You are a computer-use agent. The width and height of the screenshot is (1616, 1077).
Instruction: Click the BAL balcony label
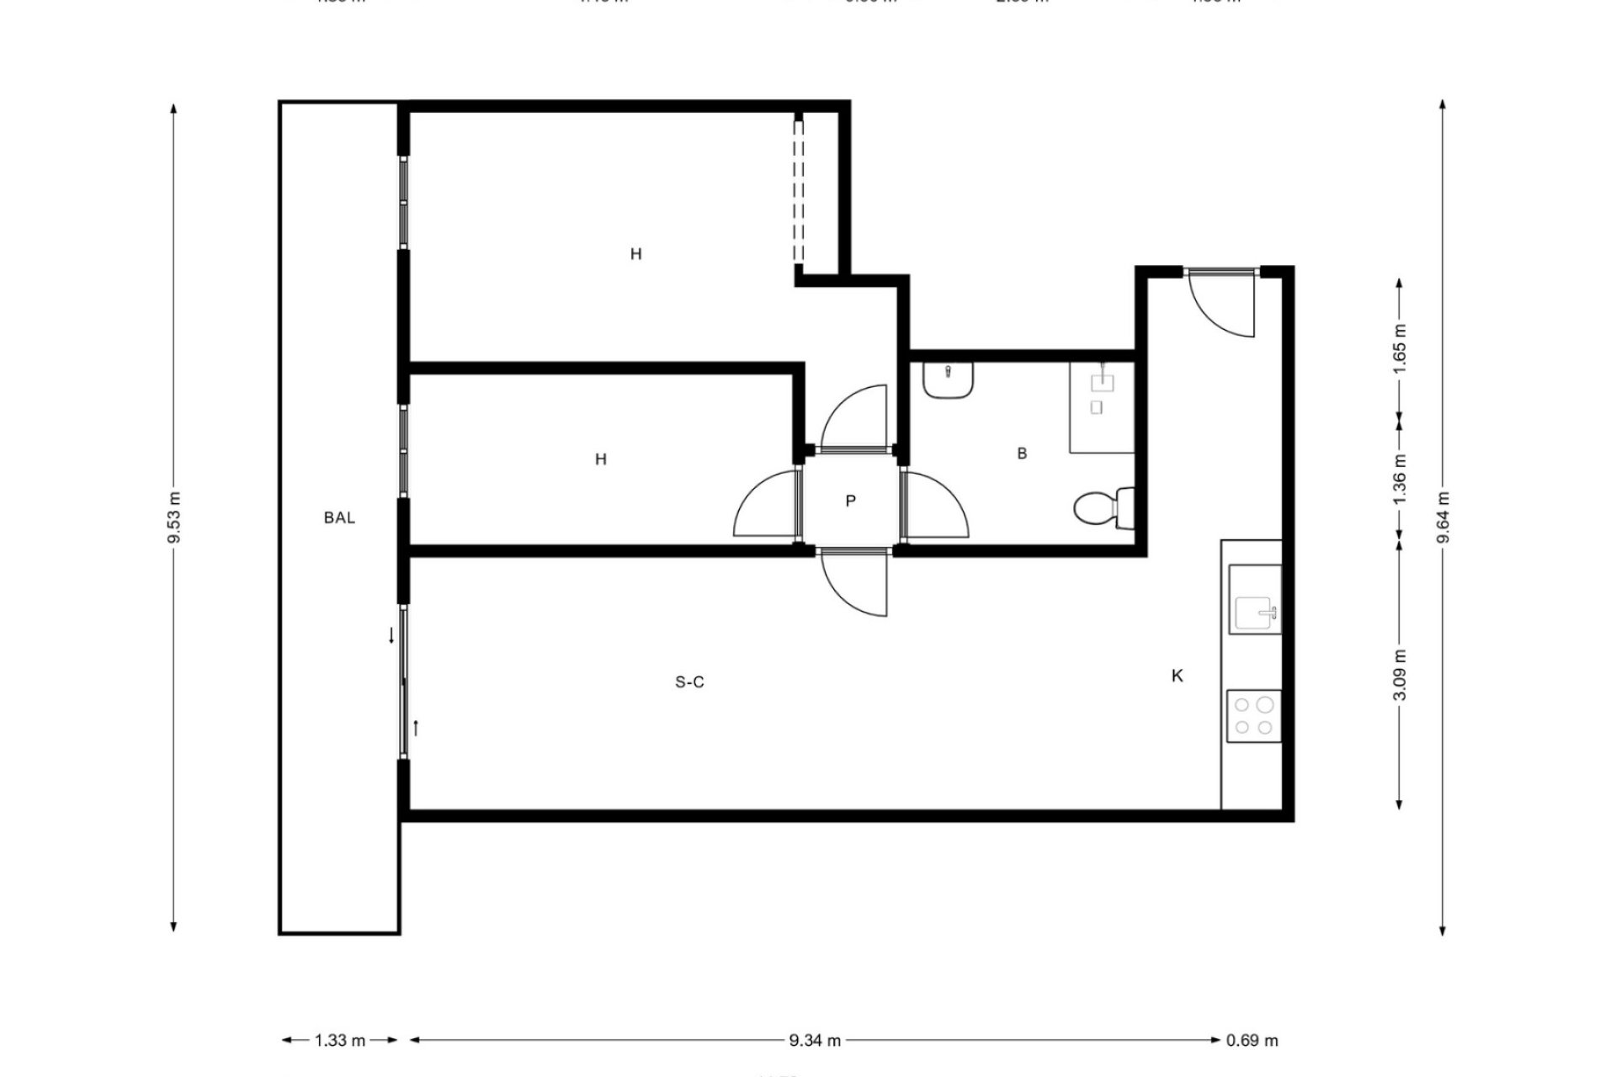click(339, 518)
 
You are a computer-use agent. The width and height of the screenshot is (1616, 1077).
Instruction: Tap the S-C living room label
click(689, 682)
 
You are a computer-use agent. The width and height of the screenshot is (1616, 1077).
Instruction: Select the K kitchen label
click(1177, 676)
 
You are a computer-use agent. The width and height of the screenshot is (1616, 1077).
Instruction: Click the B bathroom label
click(1022, 454)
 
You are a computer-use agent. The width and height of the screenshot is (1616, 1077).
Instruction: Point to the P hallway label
click(851, 501)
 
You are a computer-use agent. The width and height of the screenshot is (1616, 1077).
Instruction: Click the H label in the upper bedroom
click(636, 254)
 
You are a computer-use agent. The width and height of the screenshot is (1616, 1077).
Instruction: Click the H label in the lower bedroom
click(601, 459)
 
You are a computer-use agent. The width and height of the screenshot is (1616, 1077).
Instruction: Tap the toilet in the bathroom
click(1103, 508)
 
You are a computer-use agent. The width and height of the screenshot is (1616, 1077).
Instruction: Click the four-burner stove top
click(1254, 716)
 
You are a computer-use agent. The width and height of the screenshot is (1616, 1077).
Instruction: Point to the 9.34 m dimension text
click(815, 1041)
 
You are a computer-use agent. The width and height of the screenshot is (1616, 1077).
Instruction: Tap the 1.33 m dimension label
click(340, 1041)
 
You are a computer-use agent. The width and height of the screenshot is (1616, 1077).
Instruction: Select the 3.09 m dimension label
click(1400, 675)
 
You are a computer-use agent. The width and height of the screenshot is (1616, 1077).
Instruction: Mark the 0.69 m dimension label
click(1252, 1041)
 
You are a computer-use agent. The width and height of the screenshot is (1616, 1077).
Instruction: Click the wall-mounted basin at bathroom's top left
click(949, 380)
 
